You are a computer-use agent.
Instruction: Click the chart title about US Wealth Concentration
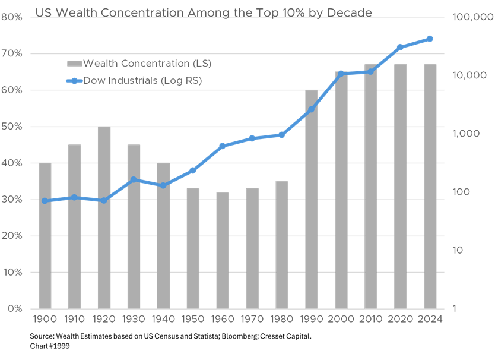203,12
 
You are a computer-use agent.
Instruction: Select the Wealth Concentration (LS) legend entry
139,63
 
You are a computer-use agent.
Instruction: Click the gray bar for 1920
104,217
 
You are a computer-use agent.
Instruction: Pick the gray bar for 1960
223,250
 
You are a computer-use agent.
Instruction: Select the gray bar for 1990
312,200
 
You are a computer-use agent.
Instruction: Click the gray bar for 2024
430,187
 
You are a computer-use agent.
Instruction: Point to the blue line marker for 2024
430,39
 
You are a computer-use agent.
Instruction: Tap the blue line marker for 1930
134,179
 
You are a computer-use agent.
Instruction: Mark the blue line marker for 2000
341,74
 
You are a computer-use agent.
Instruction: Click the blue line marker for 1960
223,146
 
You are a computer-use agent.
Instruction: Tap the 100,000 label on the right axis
469,17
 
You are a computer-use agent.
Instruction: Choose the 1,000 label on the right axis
461,134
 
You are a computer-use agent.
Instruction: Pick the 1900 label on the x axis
45,320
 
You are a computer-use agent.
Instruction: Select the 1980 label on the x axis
282,320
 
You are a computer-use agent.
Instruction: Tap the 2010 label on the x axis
371,320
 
